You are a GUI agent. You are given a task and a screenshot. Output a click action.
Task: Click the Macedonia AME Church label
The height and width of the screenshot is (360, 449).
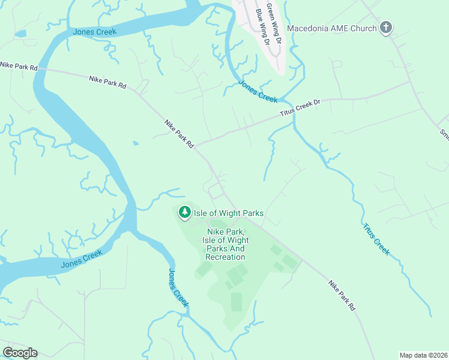click(x=332, y=28)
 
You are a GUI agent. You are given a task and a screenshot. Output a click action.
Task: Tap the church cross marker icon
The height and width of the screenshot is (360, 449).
click(x=386, y=28)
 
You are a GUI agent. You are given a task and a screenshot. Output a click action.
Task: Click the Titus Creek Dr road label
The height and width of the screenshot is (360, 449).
click(x=301, y=107)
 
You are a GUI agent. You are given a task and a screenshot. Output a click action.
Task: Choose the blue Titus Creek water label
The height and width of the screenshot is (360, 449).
click(x=376, y=239)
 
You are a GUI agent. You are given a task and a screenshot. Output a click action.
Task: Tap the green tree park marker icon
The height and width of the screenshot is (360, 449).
click(x=184, y=212)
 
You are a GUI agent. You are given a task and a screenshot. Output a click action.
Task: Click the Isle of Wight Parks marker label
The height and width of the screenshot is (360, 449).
click(x=228, y=213)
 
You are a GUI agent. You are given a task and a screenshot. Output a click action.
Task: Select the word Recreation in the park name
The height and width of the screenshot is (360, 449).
click(x=225, y=257)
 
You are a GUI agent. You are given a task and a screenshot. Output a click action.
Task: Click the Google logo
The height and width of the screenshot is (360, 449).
click(x=20, y=353)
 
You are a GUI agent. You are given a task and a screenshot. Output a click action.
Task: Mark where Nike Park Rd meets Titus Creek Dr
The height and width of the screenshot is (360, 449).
click(x=197, y=145)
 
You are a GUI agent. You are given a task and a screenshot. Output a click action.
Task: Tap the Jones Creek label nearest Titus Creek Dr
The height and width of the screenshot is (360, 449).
click(x=258, y=91)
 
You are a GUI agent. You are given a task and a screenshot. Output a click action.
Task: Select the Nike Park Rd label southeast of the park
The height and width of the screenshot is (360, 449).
click(x=342, y=295)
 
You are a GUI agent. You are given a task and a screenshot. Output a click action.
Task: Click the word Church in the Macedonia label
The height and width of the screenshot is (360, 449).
click(x=362, y=28)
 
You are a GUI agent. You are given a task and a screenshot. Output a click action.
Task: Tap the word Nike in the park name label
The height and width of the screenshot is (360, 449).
click(x=216, y=231)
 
